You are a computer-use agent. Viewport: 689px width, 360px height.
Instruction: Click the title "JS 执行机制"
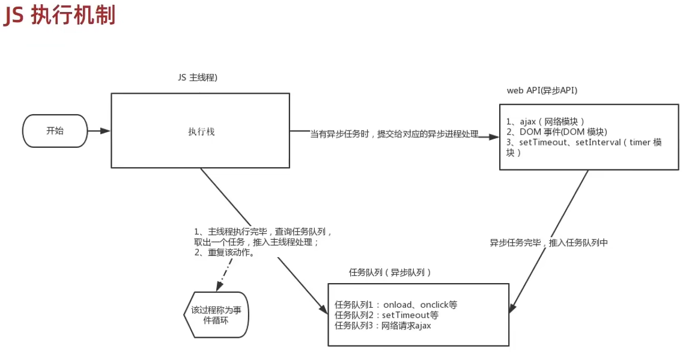[59, 16]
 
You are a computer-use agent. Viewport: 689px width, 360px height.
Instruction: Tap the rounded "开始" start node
[55, 130]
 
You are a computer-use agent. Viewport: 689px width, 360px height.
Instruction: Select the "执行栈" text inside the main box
[201, 132]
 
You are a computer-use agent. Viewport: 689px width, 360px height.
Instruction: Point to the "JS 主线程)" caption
[198, 78]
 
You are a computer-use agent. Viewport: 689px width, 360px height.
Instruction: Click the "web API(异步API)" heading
[542, 90]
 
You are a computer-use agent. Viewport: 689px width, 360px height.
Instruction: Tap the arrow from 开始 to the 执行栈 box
[99, 130]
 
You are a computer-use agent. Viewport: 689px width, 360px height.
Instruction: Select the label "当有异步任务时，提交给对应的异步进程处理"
[394, 134]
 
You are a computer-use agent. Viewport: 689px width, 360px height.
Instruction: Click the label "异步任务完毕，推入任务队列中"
[548, 243]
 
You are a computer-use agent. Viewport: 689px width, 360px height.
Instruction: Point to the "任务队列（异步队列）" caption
[390, 272]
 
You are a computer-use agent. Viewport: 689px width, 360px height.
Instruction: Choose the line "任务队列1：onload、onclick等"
[396, 305]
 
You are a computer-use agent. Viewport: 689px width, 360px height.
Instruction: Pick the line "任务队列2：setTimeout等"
[386, 315]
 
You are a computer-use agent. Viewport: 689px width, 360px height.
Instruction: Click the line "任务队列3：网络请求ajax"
[383, 326]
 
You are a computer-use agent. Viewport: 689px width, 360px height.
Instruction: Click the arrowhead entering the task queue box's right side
[512, 308]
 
